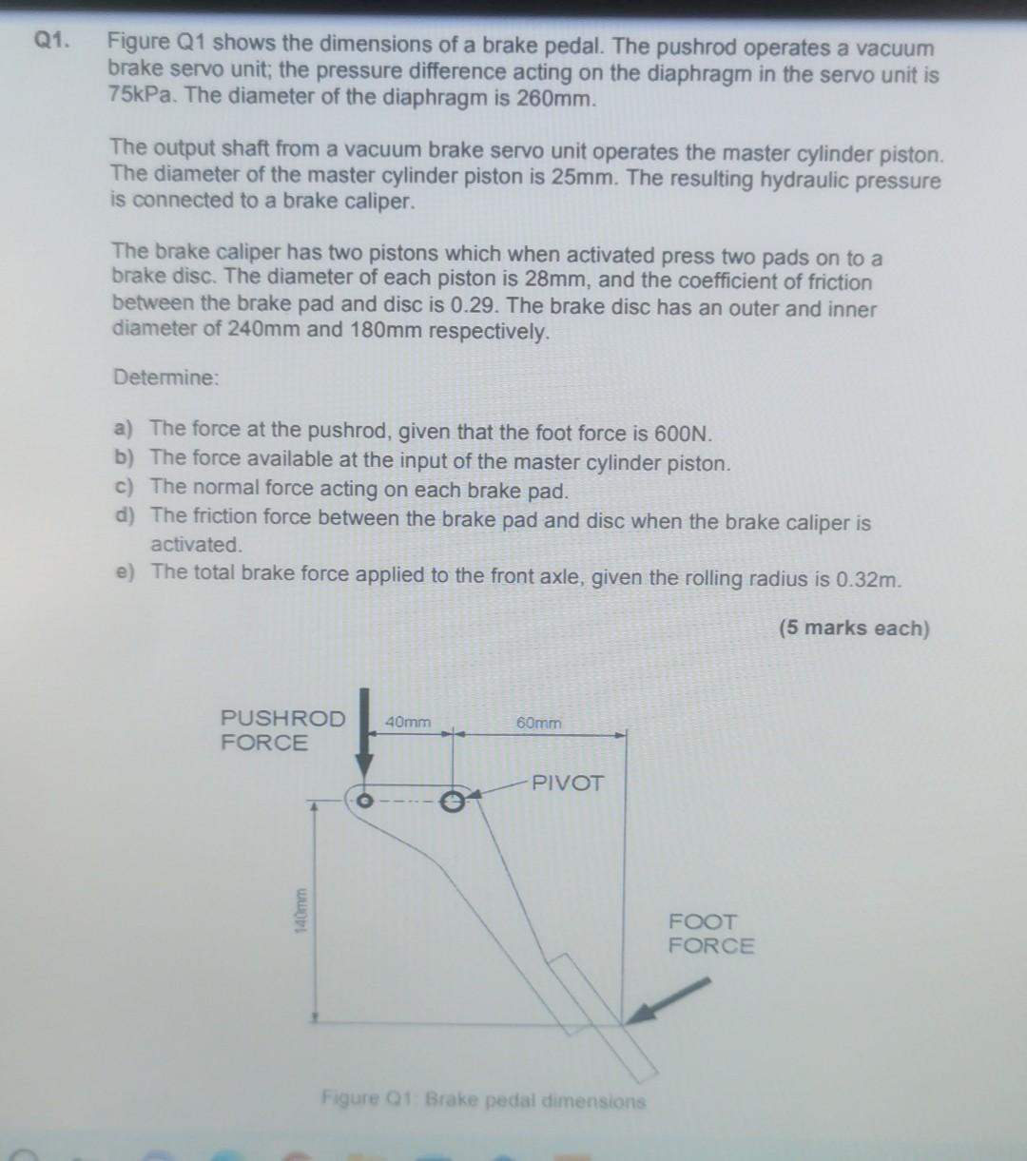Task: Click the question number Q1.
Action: (x=52, y=41)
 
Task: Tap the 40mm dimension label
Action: (x=408, y=722)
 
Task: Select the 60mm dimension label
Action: (x=538, y=723)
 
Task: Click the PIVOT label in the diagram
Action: (x=568, y=783)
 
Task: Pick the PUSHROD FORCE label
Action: (x=282, y=730)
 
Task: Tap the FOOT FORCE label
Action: (x=710, y=934)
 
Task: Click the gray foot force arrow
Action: (x=669, y=999)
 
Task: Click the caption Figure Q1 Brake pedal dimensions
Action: (x=483, y=1100)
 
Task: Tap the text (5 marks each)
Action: (x=853, y=628)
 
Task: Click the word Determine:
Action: (x=165, y=377)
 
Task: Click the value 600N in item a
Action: (x=683, y=434)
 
